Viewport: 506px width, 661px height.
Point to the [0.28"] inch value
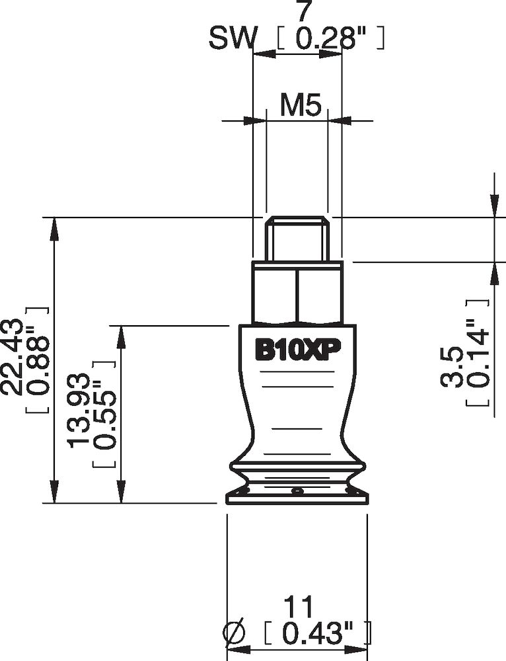[330, 40]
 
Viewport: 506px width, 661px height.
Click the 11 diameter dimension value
[297, 607]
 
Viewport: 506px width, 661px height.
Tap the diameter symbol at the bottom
[235, 635]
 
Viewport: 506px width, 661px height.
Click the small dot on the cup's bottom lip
[298, 491]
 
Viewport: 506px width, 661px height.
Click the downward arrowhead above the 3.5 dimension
[494, 206]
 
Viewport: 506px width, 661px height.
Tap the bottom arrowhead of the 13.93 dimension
[121, 493]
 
